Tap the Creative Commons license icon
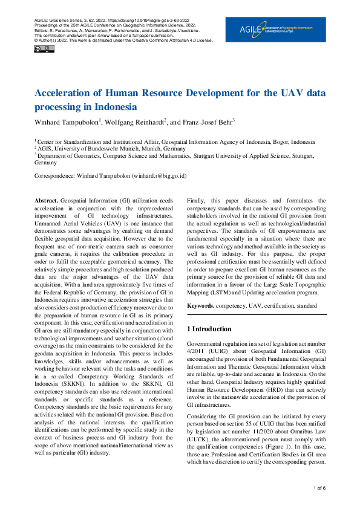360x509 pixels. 39,48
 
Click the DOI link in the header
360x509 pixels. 133,21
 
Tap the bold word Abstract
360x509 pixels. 46,200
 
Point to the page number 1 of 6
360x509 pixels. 319,487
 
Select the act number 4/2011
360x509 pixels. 195,351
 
